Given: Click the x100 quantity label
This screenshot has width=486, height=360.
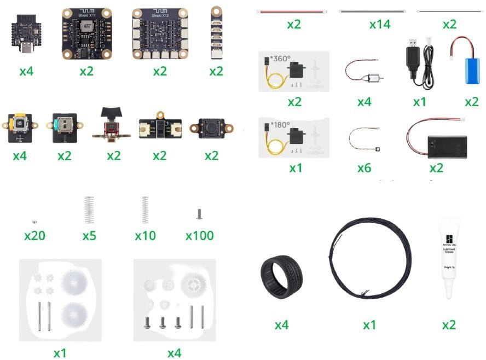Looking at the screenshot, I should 199,236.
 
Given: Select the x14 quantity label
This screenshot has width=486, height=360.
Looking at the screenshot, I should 380,25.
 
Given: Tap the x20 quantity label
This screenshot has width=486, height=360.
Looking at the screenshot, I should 34,236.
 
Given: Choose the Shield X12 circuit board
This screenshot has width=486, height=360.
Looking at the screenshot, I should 159,33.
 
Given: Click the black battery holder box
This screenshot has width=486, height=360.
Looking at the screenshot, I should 444,145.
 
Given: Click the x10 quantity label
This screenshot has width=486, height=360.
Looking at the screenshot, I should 145,236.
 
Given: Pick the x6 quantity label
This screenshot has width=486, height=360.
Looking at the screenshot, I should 364,169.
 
